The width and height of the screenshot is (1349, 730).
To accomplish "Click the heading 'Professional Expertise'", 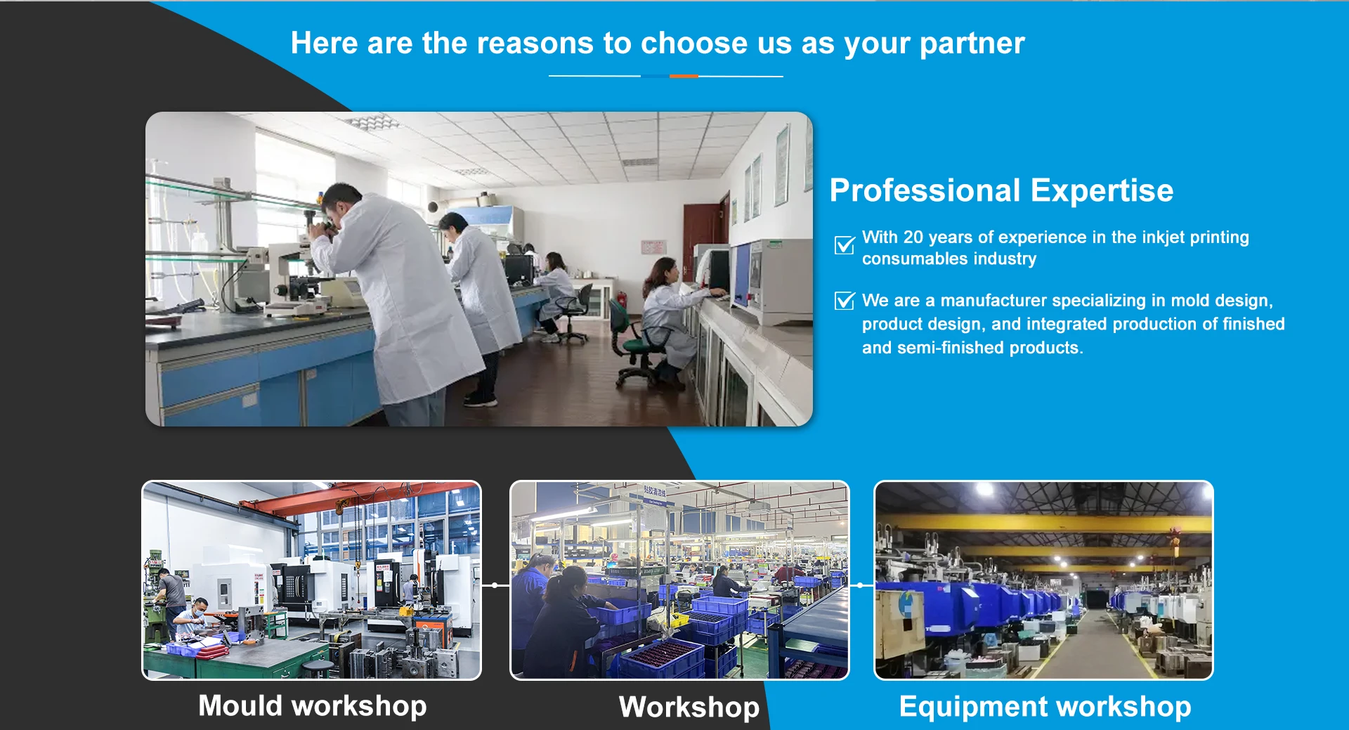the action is (1001, 190).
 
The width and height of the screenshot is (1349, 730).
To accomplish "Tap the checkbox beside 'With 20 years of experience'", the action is (845, 245).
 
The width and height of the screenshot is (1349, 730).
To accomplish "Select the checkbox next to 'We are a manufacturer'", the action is (845, 301).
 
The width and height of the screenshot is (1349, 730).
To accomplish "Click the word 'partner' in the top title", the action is (972, 44).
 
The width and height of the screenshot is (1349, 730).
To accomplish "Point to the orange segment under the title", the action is (684, 76).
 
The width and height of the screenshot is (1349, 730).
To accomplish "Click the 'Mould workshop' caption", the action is (313, 705).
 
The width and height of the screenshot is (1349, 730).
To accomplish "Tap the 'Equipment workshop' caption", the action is (1045, 707).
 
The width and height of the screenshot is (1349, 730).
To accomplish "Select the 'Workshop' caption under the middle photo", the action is (689, 707).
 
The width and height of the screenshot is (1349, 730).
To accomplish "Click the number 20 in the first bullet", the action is (913, 237).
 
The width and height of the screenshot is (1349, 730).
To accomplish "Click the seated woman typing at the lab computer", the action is (667, 316).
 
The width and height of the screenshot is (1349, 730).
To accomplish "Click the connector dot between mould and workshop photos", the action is (495, 585).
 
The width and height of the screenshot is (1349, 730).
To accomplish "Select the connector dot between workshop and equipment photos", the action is (861, 585).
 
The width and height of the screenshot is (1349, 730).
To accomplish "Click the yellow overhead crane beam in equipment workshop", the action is (1043, 523).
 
